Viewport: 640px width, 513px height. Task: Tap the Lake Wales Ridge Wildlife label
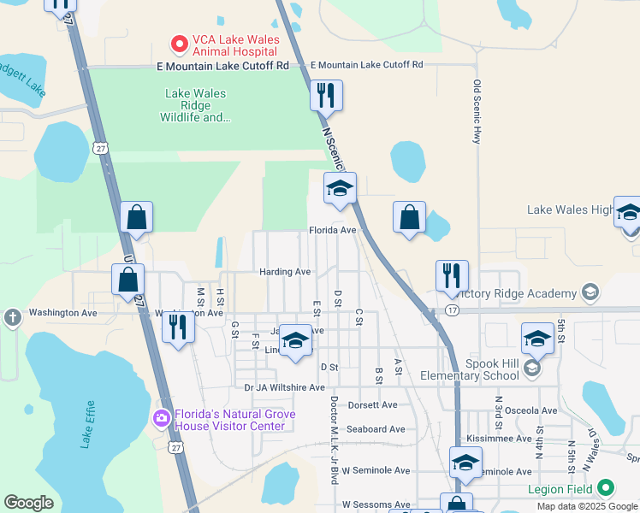click(195, 105)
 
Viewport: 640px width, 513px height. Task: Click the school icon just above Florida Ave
click(340, 189)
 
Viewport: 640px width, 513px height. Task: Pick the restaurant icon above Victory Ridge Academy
click(452, 275)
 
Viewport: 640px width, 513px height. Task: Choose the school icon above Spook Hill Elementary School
click(537, 339)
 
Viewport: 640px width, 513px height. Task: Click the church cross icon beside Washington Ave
click(12, 318)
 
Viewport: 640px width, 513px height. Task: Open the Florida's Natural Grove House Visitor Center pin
click(160, 418)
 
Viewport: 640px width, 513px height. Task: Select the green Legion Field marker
click(606, 487)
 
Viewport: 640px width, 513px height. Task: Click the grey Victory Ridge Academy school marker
click(590, 294)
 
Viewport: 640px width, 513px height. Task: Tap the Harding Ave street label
click(285, 272)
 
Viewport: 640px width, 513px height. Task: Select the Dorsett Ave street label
click(371, 404)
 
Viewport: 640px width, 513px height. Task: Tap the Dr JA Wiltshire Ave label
click(284, 387)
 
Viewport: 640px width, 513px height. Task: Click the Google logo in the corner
click(28, 503)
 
